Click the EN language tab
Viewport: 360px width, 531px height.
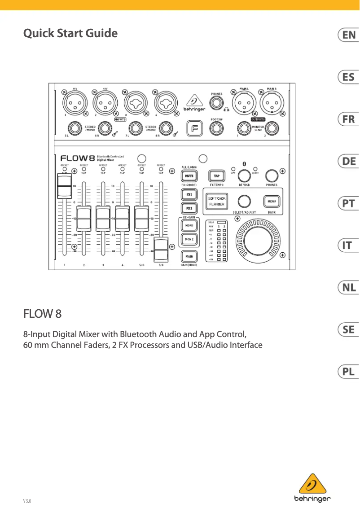[348, 35]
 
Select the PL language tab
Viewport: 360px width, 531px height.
[348, 372]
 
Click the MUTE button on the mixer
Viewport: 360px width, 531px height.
[189, 176]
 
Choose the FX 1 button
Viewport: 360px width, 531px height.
[189, 195]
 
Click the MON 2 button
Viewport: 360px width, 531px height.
[189, 239]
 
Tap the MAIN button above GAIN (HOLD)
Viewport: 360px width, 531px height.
[189, 256]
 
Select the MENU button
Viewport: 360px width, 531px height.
[272, 202]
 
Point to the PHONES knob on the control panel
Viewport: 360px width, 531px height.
[271, 176]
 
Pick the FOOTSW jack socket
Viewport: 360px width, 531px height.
[217, 129]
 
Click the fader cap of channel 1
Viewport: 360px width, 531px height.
[64, 186]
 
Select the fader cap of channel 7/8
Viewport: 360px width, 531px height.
[161, 250]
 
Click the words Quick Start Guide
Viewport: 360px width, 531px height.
[70, 33]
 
